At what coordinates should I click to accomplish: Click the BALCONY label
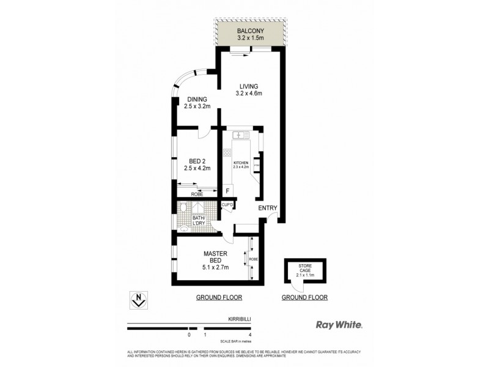coord(250,29)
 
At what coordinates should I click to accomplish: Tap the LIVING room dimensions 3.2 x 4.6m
coord(249,94)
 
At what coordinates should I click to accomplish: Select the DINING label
coord(197,99)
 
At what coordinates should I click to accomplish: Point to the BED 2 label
coord(197,161)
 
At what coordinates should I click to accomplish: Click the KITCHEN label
coord(240,162)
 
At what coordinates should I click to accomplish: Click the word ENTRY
coord(268,208)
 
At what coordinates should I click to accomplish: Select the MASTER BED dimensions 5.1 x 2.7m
coord(215,267)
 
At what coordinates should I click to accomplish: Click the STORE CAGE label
coord(305,268)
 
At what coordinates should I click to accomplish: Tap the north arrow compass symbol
coord(139,300)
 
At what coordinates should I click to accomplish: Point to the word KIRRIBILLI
coord(238,319)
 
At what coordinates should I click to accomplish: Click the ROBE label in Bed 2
coord(197,194)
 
